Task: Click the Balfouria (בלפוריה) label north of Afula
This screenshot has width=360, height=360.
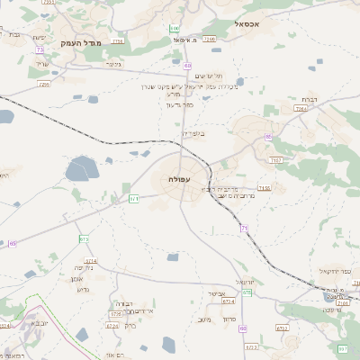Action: pyautogui.click(x=193, y=133)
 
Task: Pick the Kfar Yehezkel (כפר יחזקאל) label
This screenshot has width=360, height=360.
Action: pyautogui.click(x=334, y=271)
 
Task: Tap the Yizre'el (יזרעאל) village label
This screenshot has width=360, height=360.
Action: pyautogui.click(x=246, y=282)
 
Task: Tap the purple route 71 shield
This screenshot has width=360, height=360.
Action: pyautogui.click(x=244, y=229)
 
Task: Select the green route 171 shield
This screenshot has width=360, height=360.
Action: pyautogui.click(x=134, y=198)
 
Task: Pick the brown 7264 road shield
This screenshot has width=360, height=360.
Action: pyautogui.click(x=301, y=108)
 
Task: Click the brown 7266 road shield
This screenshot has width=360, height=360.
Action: pyautogui.click(x=209, y=40)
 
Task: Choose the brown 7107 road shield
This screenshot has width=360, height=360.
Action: pyautogui.click(x=274, y=159)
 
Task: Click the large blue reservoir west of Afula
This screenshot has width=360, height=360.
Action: pyautogui.click(x=81, y=167)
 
